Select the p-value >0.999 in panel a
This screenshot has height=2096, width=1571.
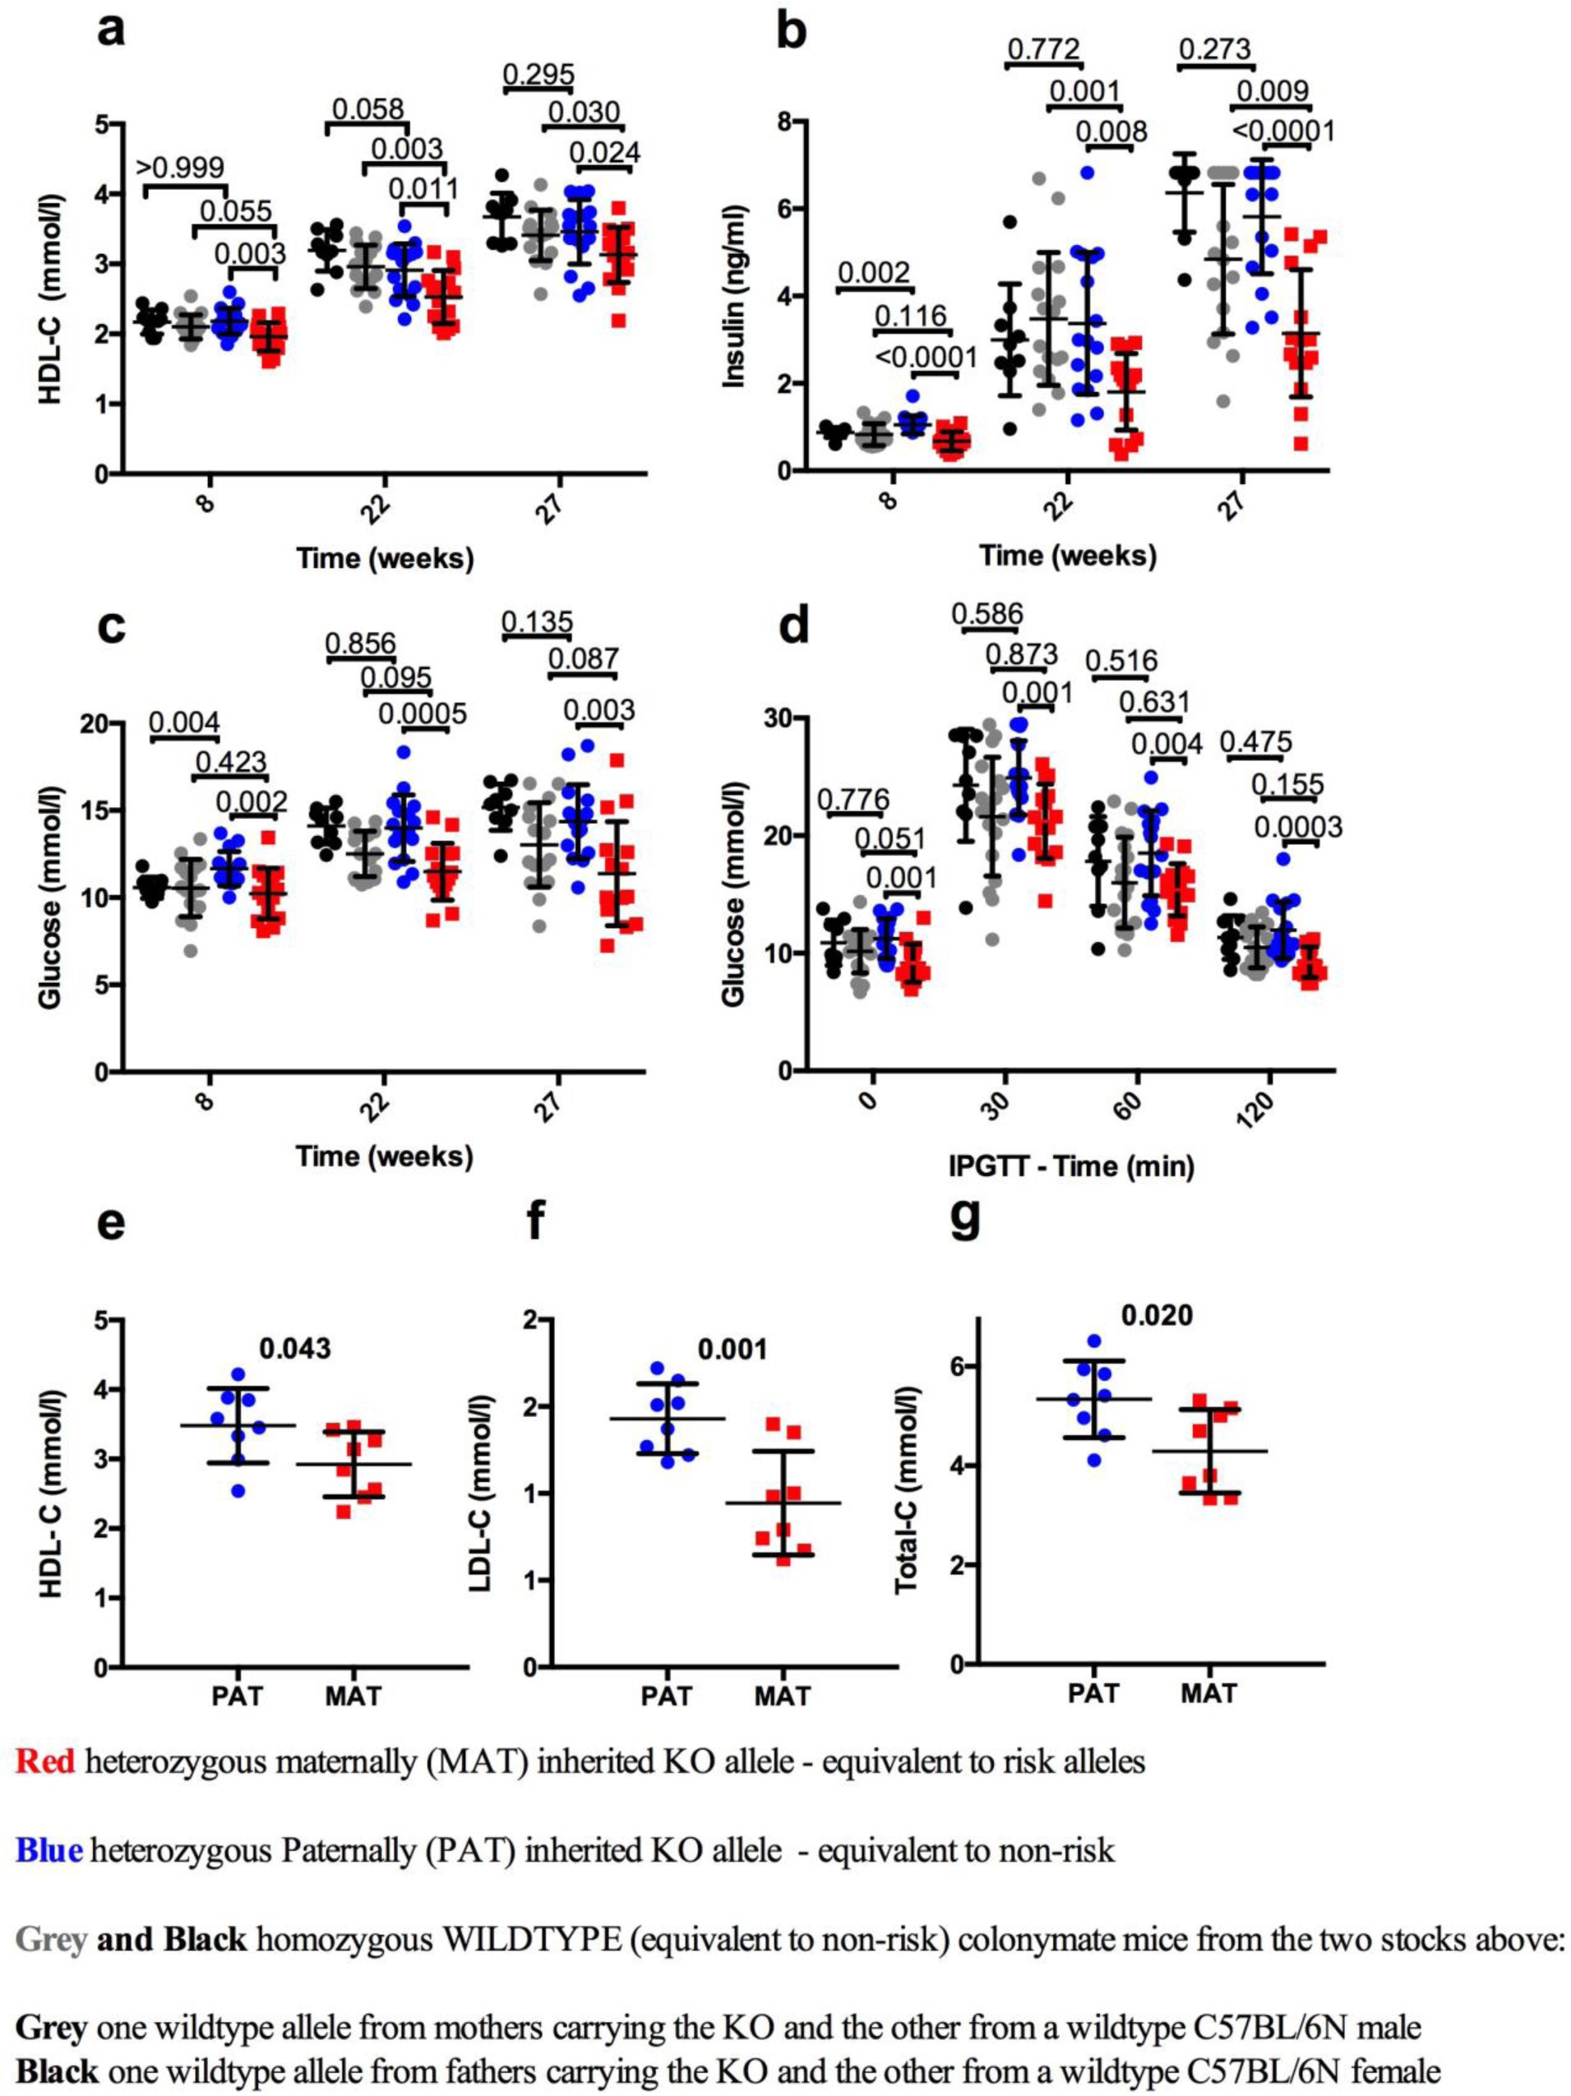click(181, 167)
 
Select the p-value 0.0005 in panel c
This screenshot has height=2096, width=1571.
click(422, 713)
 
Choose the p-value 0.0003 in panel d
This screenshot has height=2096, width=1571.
click(1298, 827)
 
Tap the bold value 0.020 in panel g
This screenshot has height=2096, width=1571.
click(1157, 1315)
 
